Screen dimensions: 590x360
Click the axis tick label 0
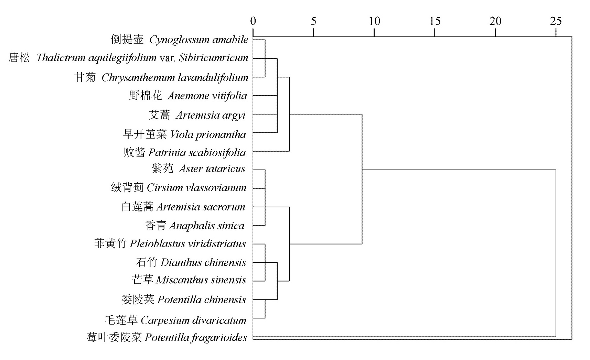(253, 21)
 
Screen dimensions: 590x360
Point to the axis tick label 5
(313, 21)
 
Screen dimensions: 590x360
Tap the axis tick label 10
(374, 21)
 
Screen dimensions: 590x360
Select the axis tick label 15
(435, 21)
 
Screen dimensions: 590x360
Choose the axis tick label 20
(495, 21)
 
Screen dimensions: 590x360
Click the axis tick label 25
(556, 21)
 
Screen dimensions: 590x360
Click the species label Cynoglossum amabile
(199, 40)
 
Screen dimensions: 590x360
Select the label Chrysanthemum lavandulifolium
(175, 78)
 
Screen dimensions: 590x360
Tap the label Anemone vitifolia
(207, 96)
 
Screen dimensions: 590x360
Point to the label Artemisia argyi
(211, 115)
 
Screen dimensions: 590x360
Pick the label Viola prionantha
(208, 134)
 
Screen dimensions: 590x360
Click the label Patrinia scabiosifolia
(197, 153)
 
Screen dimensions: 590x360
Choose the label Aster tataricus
(212, 169)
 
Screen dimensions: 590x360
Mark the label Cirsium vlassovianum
(196, 188)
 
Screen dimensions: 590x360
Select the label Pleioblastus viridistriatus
(187, 244)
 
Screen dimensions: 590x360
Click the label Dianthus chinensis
(203, 263)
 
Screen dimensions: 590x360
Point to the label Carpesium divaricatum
(194, 320)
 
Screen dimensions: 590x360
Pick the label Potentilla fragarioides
(196, 338)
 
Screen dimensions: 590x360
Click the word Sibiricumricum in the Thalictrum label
(214, 58)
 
